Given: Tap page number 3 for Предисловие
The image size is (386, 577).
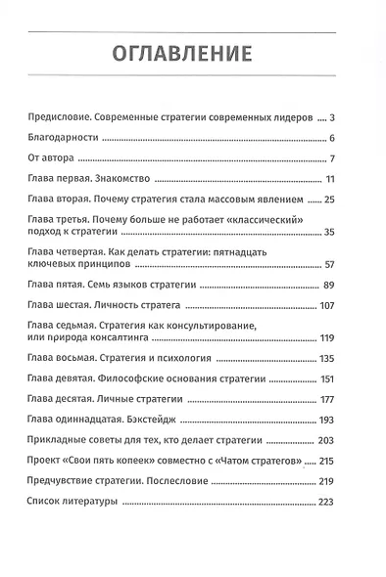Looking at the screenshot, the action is point(332,116).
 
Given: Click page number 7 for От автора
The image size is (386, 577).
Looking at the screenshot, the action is point(332,157).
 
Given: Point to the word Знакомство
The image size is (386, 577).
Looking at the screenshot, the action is point(149,179).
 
